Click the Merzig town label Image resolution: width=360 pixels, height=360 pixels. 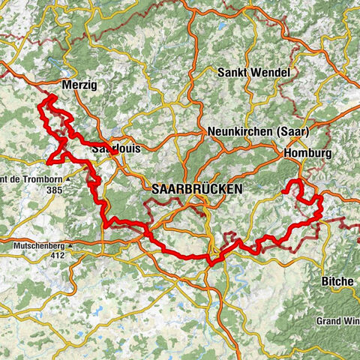click(80, 84)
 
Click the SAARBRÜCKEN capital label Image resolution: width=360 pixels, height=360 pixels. click(196, 190)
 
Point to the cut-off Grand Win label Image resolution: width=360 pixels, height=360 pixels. click(337, 319)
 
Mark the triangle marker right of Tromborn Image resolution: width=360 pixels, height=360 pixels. click(67, 180)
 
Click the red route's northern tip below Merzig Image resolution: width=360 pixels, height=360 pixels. click(51, 97)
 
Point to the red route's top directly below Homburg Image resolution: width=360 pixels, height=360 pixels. click(296, 182)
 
